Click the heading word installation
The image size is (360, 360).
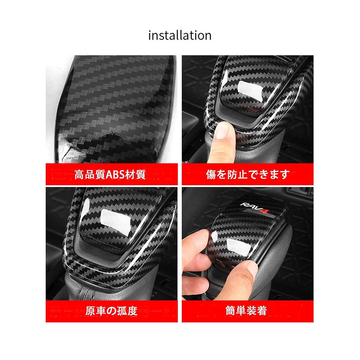180,36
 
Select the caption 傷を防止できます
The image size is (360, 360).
248,174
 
